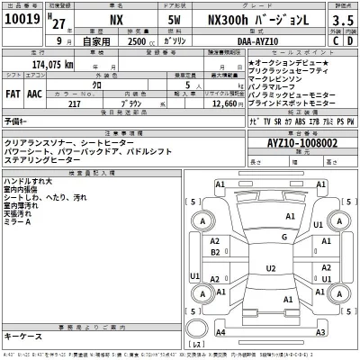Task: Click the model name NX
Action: pyautogui.click(x=115, y=20)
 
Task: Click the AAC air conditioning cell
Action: pyautogui.click(x=34, y=93)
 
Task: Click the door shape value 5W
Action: pyautogui.click(x=177, y=20)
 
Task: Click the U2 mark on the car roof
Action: pyautogui.click(x=271, y=267)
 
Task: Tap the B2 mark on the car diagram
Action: pyautogui.click(x=215, y=253)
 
